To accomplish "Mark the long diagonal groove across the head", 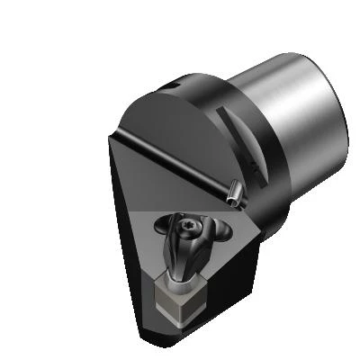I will tap(180, 161).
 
